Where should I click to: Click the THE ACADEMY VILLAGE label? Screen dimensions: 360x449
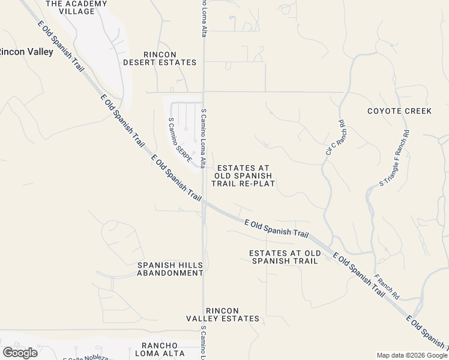pyautogui.click(x=76, y=7)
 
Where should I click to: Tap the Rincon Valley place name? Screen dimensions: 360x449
pyautogui.click(x=26, y=52)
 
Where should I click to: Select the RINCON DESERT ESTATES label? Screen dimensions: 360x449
pyautogui.click(x=160, y=58)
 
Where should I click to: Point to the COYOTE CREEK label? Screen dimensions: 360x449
pyautogui.click(x=399, y=111)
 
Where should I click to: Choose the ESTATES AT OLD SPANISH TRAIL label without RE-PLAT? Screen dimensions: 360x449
pyautogui.click(x=285, y=257)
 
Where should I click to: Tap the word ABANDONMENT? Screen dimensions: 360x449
pyautogui.click(x=170, y=273)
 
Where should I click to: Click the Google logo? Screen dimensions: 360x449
pyautogui.click(x=20, y=352)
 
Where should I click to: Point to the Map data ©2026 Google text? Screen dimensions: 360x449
pyautogui.click(x=412, y=355)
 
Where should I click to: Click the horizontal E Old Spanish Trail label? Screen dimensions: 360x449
pyautogui.click(x=277, y=227)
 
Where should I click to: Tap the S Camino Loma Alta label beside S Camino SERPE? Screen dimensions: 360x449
pyautogui.click(x=204, y=138)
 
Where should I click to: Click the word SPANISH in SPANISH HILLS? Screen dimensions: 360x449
pyautogui.click(x=155, y=265)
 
